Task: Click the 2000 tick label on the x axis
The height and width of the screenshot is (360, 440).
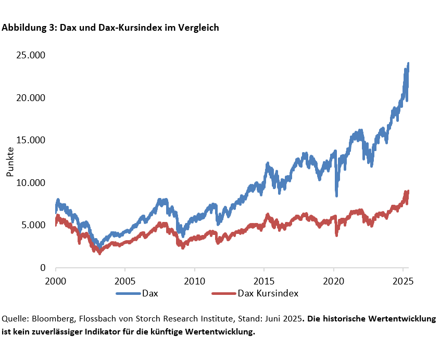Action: [56, 280]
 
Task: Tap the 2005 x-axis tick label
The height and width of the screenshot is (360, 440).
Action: [125, 280]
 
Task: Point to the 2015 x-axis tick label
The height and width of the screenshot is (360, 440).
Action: [264, 280]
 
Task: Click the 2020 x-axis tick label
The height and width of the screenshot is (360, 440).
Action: [334, 280]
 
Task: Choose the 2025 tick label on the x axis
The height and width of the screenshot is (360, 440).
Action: [403, 280]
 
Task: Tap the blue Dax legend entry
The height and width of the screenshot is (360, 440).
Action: [149, 293]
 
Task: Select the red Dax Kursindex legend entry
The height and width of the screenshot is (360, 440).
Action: [268, 293]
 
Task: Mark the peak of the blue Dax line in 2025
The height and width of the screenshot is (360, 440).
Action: [408, 64]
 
